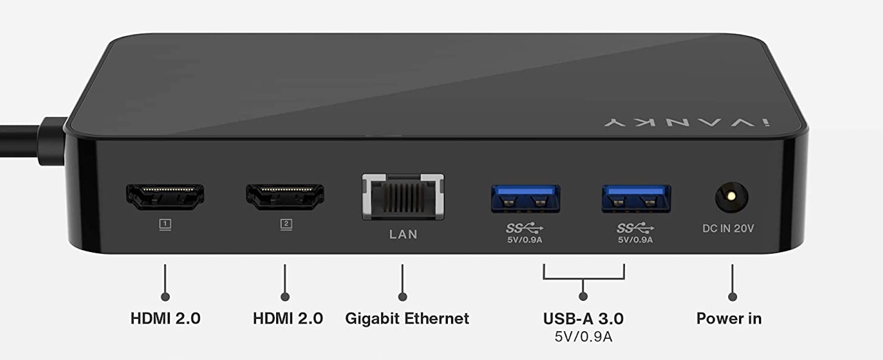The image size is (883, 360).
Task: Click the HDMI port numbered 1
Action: [165, 197]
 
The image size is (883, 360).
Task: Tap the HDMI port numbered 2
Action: [285, 197]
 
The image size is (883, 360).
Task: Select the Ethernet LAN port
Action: [403, 197]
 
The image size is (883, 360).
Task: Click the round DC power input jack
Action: [731, 198]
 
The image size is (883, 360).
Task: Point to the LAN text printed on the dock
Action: [403, 234]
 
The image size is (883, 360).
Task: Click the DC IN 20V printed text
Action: [728, 228]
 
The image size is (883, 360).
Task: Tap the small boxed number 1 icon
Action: [165, 224]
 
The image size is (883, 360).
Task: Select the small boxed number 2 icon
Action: [286, 224]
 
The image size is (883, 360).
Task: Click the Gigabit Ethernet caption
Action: [407, 319]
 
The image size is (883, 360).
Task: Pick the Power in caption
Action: [729, 319]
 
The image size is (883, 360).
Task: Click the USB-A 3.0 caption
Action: [583, 319]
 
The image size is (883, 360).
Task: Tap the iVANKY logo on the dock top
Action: [687, 123]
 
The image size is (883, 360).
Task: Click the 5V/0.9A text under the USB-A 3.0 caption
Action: [583, 337]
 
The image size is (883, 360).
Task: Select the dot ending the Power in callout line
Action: [732, 297]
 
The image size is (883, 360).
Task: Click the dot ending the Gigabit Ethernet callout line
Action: [402, 297]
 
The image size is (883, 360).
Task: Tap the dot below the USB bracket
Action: [583, 296]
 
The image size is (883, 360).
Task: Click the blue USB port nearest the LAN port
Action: [525, 198]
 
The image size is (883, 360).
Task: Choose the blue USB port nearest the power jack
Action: [636, 198]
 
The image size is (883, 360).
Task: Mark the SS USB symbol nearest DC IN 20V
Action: [635, 228]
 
